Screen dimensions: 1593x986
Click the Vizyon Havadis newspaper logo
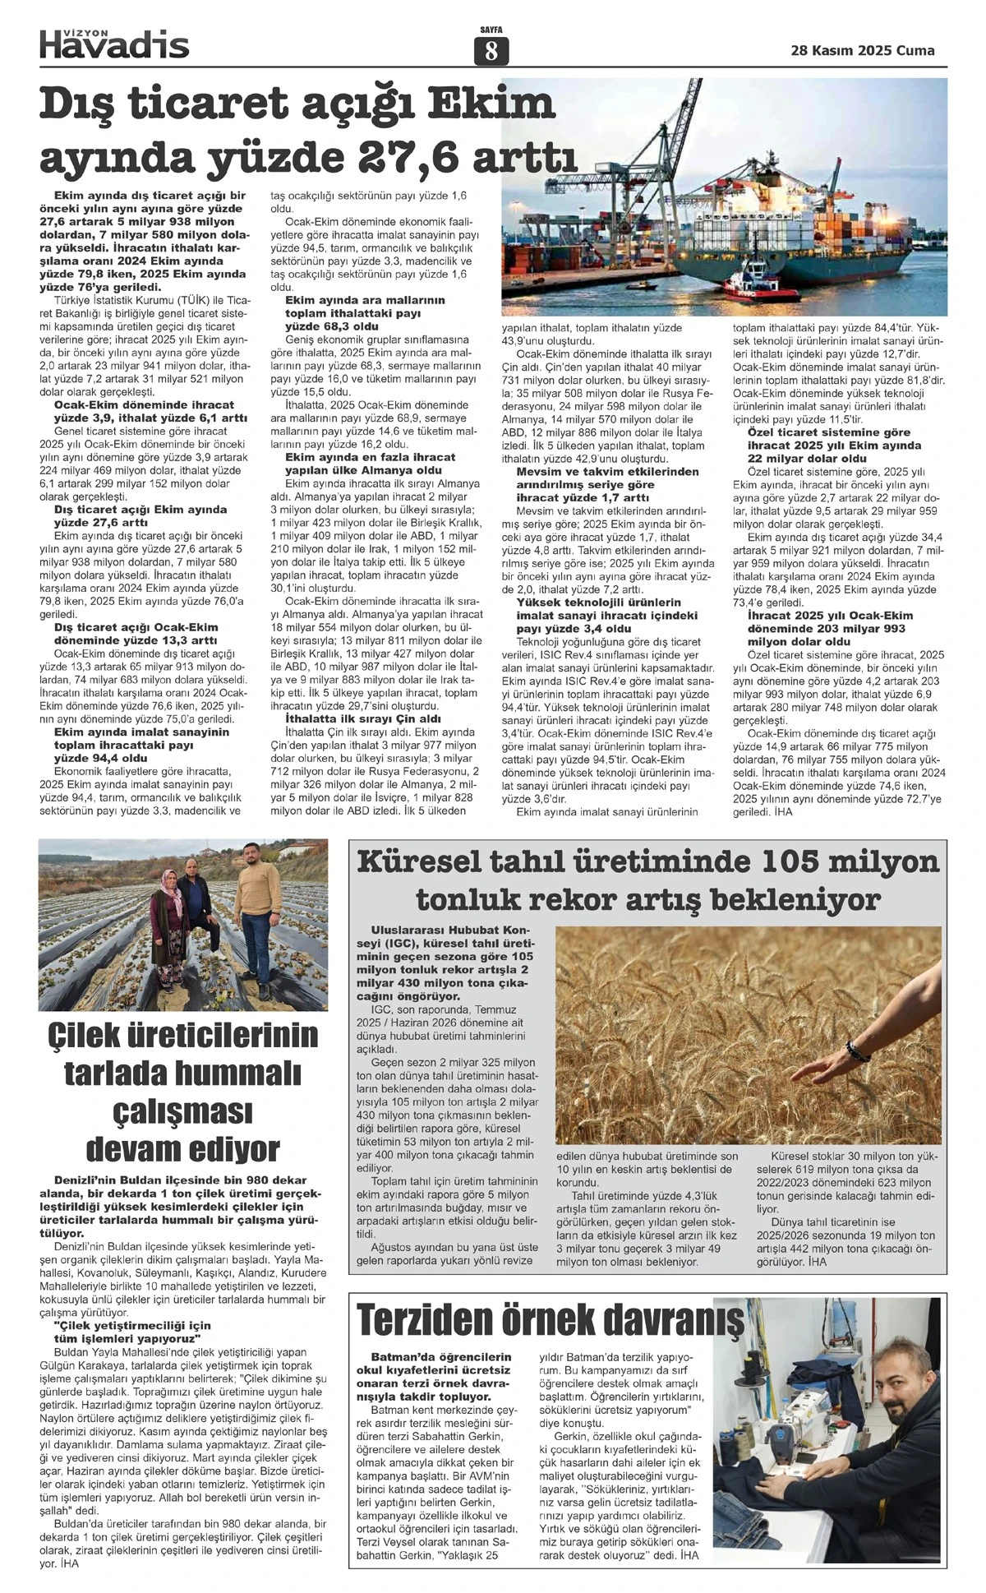(114, 43)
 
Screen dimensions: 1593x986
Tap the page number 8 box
(491, 52)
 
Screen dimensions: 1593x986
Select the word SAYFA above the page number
(491, 30)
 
